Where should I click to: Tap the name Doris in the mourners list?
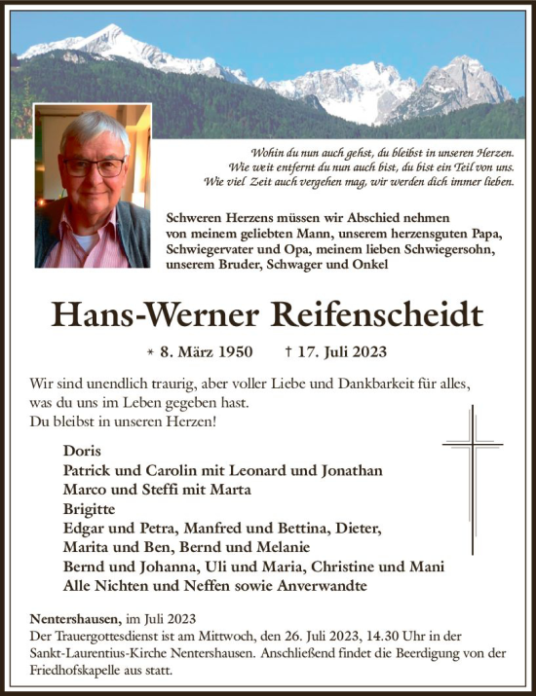coord(81,451)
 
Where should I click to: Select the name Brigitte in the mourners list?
coord(89,508)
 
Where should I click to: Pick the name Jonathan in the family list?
coord(349,470)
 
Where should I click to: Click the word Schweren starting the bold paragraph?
coord(198,219)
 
